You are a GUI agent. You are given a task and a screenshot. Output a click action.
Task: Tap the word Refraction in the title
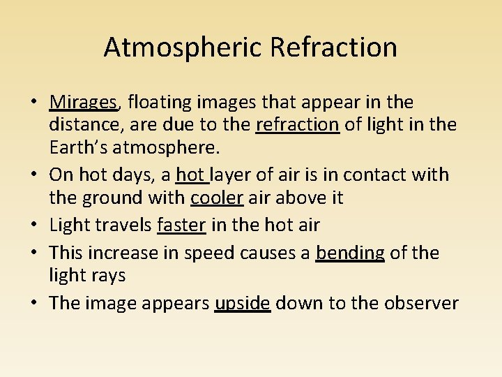(333, 47)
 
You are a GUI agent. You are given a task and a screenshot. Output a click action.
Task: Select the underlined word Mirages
(84, 103)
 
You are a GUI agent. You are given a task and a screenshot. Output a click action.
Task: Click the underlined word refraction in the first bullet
(298, 125)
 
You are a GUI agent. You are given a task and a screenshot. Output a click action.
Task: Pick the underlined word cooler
(216, 198)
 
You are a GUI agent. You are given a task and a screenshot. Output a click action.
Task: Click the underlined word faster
(182, 225)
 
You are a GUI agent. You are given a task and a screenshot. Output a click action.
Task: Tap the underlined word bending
(350, 252)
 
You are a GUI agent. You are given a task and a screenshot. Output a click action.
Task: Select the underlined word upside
(243, 303)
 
